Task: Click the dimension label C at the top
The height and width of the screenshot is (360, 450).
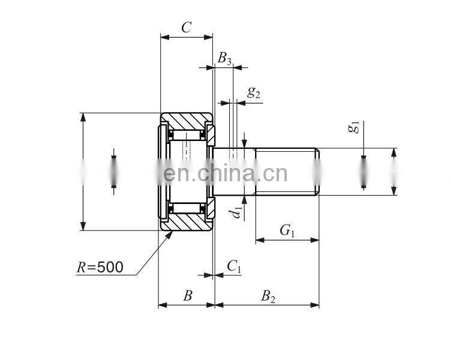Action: [186, 27]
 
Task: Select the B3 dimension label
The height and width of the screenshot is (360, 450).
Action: [224, 58]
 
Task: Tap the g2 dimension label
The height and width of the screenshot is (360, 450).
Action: [254, 92]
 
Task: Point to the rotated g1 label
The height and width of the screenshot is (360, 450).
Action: [354, 127]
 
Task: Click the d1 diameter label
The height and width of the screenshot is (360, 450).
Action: [238, 211]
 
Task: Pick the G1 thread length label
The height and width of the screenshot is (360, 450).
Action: [287, 230]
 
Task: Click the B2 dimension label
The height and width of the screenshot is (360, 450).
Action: [268, 295]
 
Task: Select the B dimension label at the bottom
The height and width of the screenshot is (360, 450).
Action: [187, 295]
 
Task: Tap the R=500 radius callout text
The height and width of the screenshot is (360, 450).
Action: [100, 267]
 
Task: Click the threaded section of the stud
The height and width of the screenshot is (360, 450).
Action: [286, 172]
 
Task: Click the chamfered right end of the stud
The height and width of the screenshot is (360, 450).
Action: [317, 172]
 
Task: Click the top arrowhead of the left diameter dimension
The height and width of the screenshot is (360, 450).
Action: [83, 116]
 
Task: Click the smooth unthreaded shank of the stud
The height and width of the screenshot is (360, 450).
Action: [234, 172]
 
